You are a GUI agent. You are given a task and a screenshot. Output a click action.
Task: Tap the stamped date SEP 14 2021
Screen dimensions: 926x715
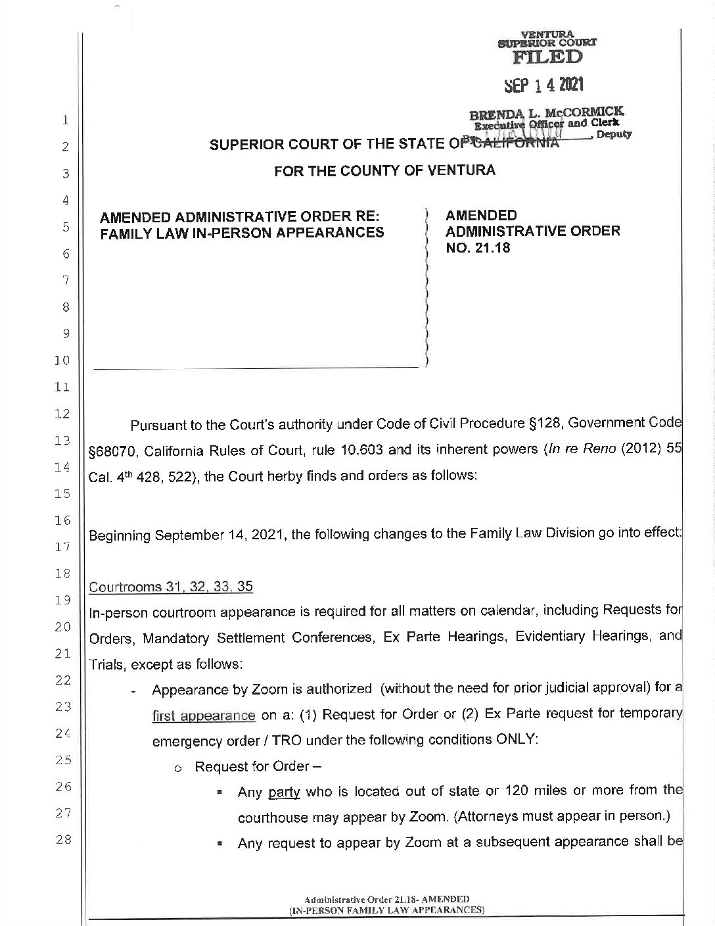pos(543,85)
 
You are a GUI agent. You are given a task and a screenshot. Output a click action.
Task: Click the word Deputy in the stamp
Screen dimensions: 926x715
pos(614,134)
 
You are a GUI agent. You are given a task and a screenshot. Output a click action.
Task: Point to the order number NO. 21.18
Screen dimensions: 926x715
pos(478,248)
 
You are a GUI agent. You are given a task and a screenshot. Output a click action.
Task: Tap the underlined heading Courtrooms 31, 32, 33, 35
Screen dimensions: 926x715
pos(170,587)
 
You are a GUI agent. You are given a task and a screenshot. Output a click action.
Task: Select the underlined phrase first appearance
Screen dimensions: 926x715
pos(204,716)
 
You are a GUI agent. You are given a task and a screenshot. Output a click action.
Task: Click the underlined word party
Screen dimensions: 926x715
pos(284,792)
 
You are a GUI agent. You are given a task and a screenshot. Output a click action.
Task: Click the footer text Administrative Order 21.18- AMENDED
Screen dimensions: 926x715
pos(386,899)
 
